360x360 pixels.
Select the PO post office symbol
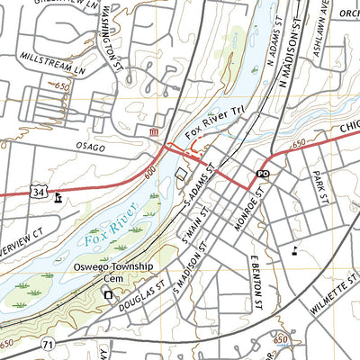point(263,172)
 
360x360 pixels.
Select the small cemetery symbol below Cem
point(109,294)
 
